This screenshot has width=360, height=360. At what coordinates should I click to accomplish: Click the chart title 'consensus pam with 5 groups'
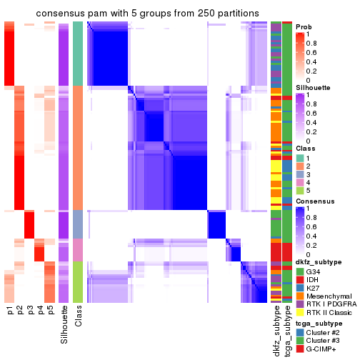pyautogui.click(x=143, y=13)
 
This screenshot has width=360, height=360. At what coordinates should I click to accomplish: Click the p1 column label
pyautogui.click(x=10, y=311)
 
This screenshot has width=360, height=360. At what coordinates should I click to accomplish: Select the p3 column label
pyautogui.click(x=30, y=311)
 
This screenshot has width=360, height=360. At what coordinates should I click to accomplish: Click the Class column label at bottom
pyautogui.click(x=79, y=316)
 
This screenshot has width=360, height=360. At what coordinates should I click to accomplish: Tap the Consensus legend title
pyautogui.click(x=314, y=202)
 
